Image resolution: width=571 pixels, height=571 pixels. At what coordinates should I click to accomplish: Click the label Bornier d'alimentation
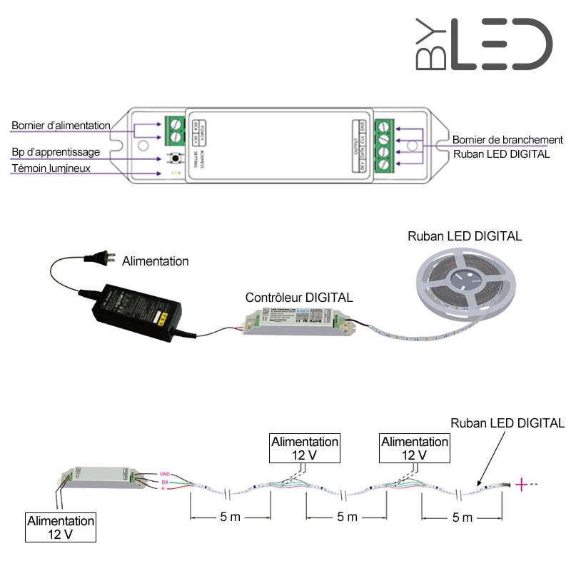coord(61,126)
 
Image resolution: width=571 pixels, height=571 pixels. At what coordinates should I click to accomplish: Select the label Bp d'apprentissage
coord(56,153)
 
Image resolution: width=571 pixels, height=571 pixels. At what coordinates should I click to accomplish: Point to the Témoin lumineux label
coord(51,168)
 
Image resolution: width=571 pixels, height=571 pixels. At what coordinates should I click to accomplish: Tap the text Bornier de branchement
coord(507,140)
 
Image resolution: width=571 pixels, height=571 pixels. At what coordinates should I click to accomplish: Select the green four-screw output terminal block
coord(383,145)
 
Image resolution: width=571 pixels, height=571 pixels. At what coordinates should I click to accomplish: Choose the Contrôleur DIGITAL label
coord(298,298)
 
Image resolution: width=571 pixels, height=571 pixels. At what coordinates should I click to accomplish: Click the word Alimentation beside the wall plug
coord(156,261)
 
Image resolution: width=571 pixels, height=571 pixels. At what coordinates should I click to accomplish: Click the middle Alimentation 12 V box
coord(305,448)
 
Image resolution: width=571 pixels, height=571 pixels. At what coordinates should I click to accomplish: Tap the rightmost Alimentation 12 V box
coord(415,448)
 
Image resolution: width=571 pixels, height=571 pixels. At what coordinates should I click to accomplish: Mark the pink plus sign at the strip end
coord(522,485)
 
